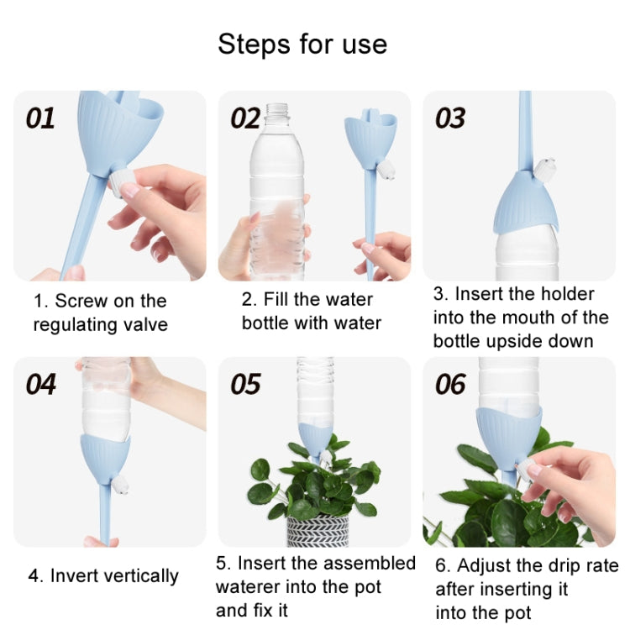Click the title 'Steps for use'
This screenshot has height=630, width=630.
click(x=302, y=44)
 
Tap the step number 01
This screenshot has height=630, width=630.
click(x=40, y=118)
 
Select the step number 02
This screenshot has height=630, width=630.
click(x=245, y=118)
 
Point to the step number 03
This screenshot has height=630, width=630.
click(x=450, y=118)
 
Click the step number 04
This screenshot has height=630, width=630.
click(x=40, y=384)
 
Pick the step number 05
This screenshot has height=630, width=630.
click(x=245, y=384)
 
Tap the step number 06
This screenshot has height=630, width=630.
click(x=450, y=385)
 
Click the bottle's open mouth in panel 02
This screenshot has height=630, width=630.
click(x=276, y=108)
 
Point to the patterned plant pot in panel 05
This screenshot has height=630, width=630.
click(x=318, y=531)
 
